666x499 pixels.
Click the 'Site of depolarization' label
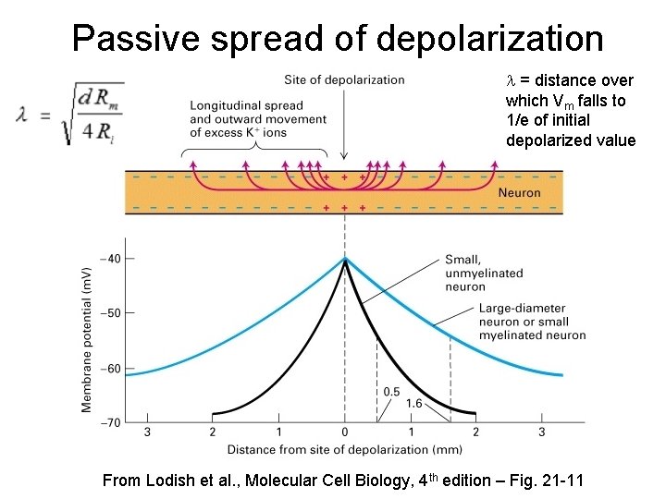(x=345, y=79)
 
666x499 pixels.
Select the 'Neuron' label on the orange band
(x=519, y=193)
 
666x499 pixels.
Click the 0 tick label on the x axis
(x=345, y=432)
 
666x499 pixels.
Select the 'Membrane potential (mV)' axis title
(x=86, y=340)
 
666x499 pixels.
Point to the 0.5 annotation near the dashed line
(x=391, y=392)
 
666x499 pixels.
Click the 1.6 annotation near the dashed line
(x=414, y=404)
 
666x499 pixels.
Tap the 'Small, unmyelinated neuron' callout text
(x=484, y=273)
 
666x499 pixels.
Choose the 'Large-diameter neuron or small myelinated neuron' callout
(x=532, y=322)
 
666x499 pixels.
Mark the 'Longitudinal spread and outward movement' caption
(x=257, y=119)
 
